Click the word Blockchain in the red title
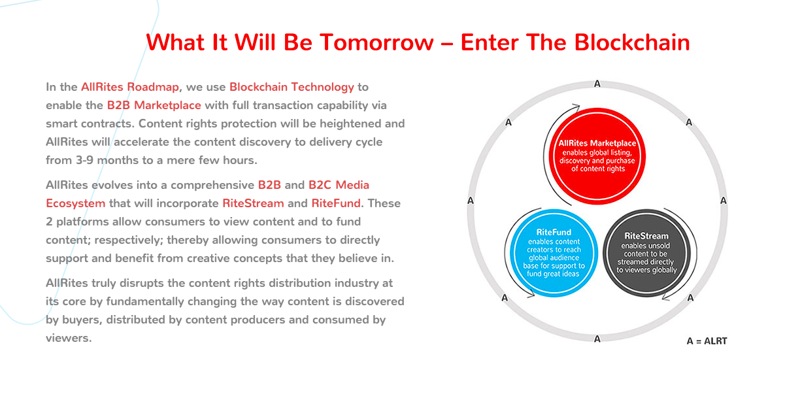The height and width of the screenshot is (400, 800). [x=632, y=42]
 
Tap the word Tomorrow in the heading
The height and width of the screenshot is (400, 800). [x=376, y=42]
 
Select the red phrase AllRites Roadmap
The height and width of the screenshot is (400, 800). [x=130, y=87]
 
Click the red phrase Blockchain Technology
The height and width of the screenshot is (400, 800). [x=292, y=88]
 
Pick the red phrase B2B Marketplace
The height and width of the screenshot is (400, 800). [x=154, y=105]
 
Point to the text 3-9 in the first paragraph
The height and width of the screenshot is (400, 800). [x=85, y=160]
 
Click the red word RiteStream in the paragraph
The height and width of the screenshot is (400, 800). [x=253, y=203]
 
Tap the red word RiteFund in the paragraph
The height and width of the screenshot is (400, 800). [x=336, y=203]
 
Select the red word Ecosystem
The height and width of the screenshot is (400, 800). [x=75, y=204]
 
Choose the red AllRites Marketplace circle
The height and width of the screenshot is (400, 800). [x=597, y=156]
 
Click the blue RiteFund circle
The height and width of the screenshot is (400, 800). [x=554, y=253]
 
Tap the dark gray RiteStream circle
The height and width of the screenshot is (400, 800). [x=646, y=253]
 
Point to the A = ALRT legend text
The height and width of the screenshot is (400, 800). [x=707, y=341]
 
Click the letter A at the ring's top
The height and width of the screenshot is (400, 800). [x=597, y=84]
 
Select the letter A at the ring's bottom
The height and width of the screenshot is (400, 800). [x=597, y=339]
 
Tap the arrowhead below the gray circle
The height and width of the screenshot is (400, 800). [x=666, y=297]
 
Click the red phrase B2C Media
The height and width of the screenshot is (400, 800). [x=339, y=185]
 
